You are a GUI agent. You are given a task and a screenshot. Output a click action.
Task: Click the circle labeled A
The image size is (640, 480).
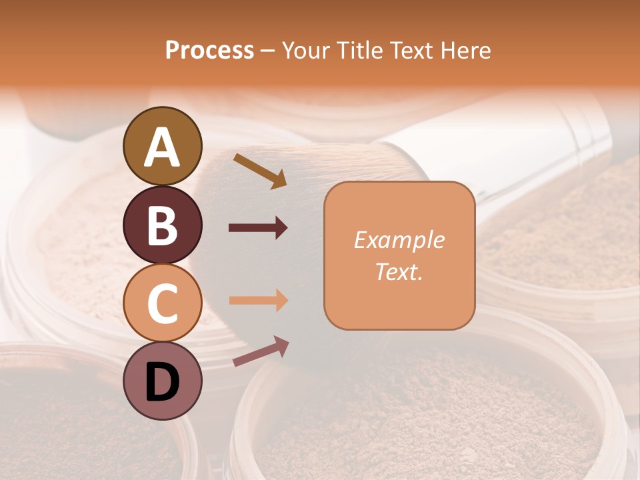tap(163, 146)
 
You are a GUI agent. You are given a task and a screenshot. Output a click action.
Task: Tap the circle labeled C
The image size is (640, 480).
tap(163, 303)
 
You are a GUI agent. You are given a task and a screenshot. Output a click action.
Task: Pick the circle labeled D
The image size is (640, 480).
tap(163, 381)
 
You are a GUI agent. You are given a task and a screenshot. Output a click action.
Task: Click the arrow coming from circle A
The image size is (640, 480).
tap(260, 170)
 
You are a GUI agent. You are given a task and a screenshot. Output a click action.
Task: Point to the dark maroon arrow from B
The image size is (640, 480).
tap(258, 228)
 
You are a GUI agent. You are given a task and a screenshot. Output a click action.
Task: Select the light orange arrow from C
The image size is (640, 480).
tap(258, 301)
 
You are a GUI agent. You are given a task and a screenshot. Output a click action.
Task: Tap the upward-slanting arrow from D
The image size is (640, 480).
tap(261, 351)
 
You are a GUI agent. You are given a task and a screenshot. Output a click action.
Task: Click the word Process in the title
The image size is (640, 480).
tap(209, 51)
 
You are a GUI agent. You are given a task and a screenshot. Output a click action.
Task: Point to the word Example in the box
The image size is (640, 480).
tap(399, 240)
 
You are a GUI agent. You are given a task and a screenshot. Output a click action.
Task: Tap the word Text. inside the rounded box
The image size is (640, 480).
tap(399, 271)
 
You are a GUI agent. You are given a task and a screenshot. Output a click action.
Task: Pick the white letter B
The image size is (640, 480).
tap(163, 225)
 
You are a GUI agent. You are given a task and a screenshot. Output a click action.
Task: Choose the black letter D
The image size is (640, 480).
tap(163, 382)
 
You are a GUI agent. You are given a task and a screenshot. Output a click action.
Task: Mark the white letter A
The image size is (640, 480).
tap(163, 147)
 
